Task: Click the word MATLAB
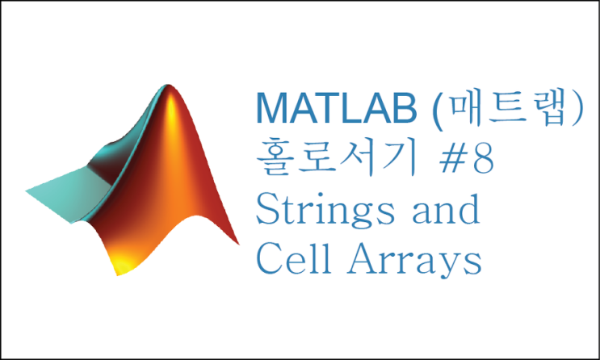(340, 108)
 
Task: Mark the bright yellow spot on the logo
(121, 262)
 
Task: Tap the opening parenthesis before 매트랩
(438, 110)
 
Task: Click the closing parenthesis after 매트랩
(575, 110)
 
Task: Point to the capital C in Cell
(268, 260)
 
